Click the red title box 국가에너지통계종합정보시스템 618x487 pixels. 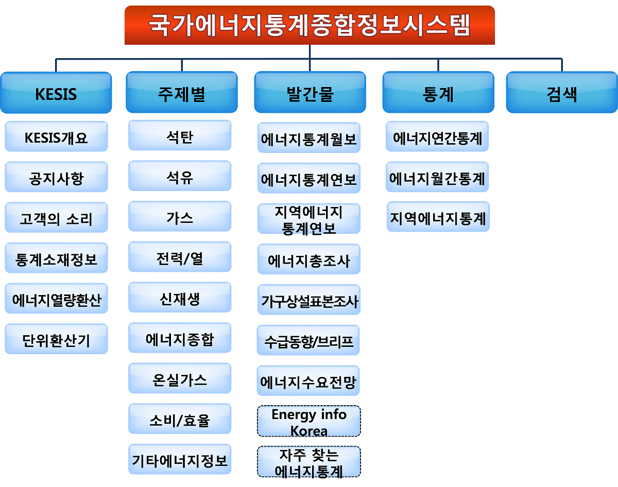click(310, 25)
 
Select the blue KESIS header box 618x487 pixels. click(56, 93)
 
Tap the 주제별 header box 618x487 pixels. click(182, 92)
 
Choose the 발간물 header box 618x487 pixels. click(310, 92)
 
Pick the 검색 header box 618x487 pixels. click(562, 93)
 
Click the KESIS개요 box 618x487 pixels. click(56, 136)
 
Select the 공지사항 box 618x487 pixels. click(56, 177)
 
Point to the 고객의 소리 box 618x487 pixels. click(56, 217)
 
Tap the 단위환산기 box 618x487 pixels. click(56, 339)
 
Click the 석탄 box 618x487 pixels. click(180, 135)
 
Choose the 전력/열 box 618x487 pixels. click(180, 257)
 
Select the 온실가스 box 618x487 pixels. click(180, 378)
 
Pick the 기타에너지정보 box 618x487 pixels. click(180, 459)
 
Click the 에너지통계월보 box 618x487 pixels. click(309, 137)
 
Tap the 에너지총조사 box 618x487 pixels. click(309, 259)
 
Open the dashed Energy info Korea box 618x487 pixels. click(309, 421)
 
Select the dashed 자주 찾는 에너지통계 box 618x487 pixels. click(309, 461)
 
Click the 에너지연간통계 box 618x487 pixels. click(437, 136)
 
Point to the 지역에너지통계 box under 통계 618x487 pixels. click(438, 217)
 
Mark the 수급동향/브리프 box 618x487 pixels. click(308, 340)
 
